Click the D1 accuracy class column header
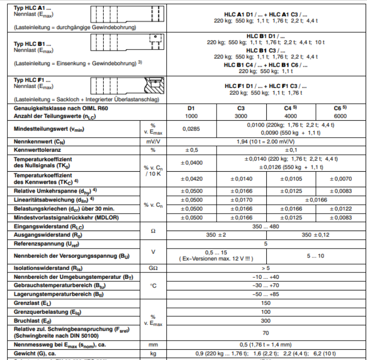(192, 108)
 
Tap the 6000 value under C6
(340, 116)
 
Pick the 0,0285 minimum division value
(192, 129)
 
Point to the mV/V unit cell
(153, 141)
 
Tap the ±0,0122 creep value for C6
(340, 209)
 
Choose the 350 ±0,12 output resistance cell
(315, 235)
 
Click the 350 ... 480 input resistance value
(265, 227)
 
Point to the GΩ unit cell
(153, 267)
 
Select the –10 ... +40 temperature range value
(265, 276)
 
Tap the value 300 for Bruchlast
(265, 321)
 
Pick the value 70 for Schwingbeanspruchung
(265, 333)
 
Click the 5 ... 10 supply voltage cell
(315, 255)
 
